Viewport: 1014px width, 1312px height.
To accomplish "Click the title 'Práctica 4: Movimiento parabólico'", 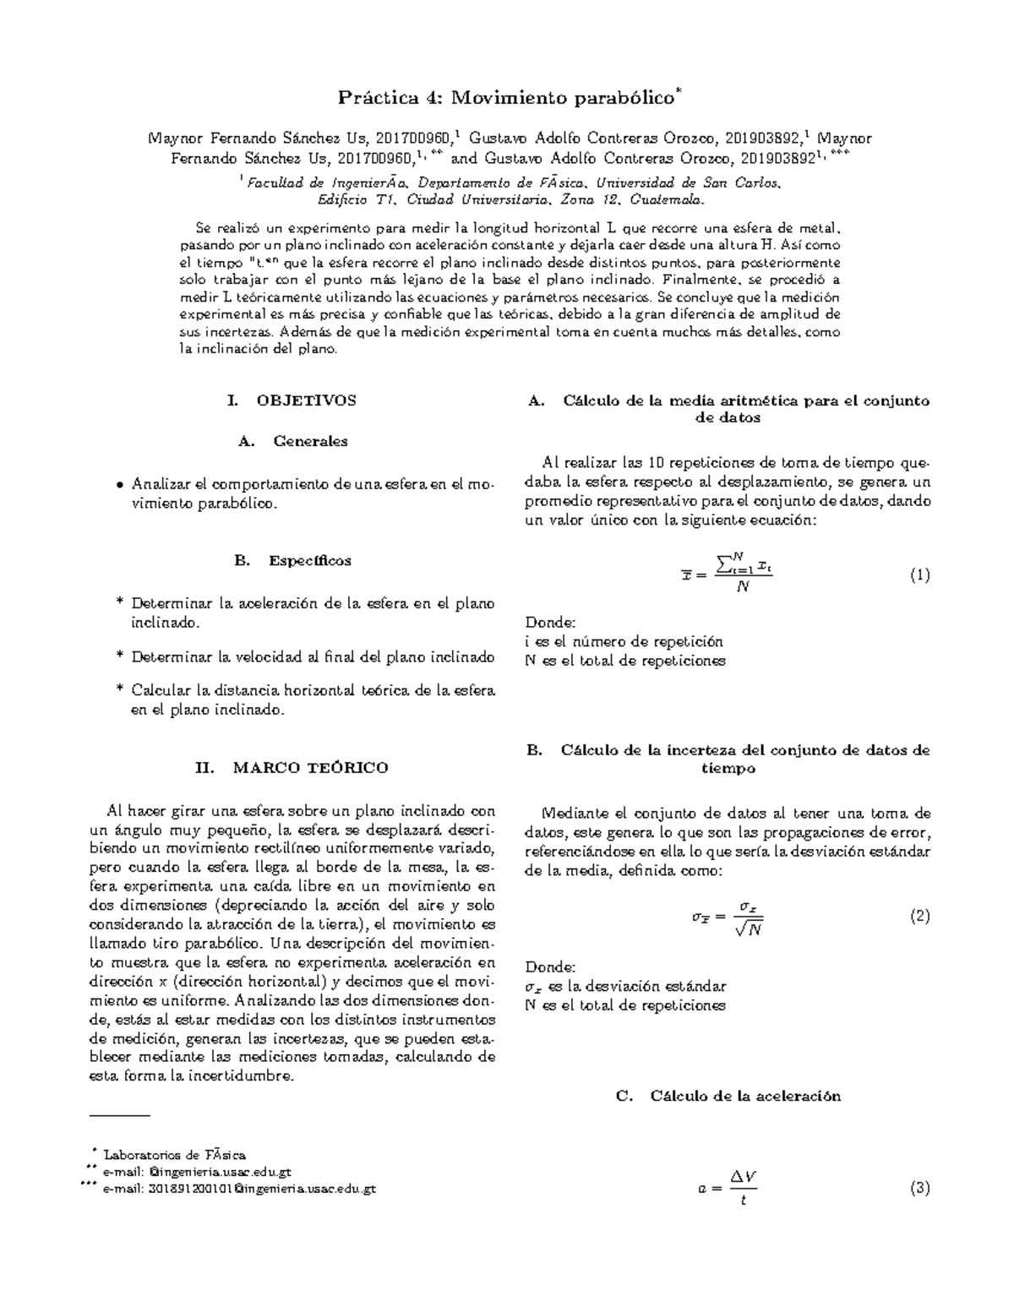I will (507, 98).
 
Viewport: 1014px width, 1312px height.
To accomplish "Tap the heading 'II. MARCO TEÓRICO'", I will (292, 768).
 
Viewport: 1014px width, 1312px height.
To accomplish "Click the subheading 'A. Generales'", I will (292, 441).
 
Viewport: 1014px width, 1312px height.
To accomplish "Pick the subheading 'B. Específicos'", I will (292, 561).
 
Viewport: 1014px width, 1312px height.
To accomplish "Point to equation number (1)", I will (919, 575).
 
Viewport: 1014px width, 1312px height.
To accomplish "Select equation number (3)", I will (919, 1189).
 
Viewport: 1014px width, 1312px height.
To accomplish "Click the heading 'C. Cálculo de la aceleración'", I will (728, 1097).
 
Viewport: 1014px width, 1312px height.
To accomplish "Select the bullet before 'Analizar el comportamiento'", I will (118, 486).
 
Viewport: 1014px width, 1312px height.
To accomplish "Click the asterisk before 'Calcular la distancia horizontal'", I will (118, 691).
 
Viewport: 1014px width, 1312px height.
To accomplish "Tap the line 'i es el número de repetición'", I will (624, 641).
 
